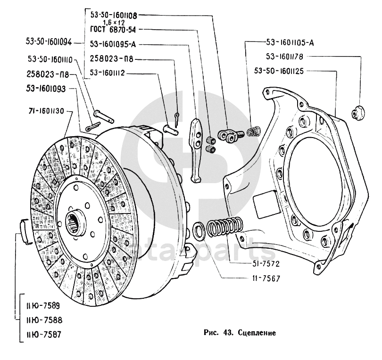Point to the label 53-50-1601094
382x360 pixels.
pyautogui.click(x=49, y=41)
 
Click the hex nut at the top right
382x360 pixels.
pyautogui.click(x=357, y=113)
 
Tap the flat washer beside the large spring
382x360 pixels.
pyautogui.click(x=198, y=231)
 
